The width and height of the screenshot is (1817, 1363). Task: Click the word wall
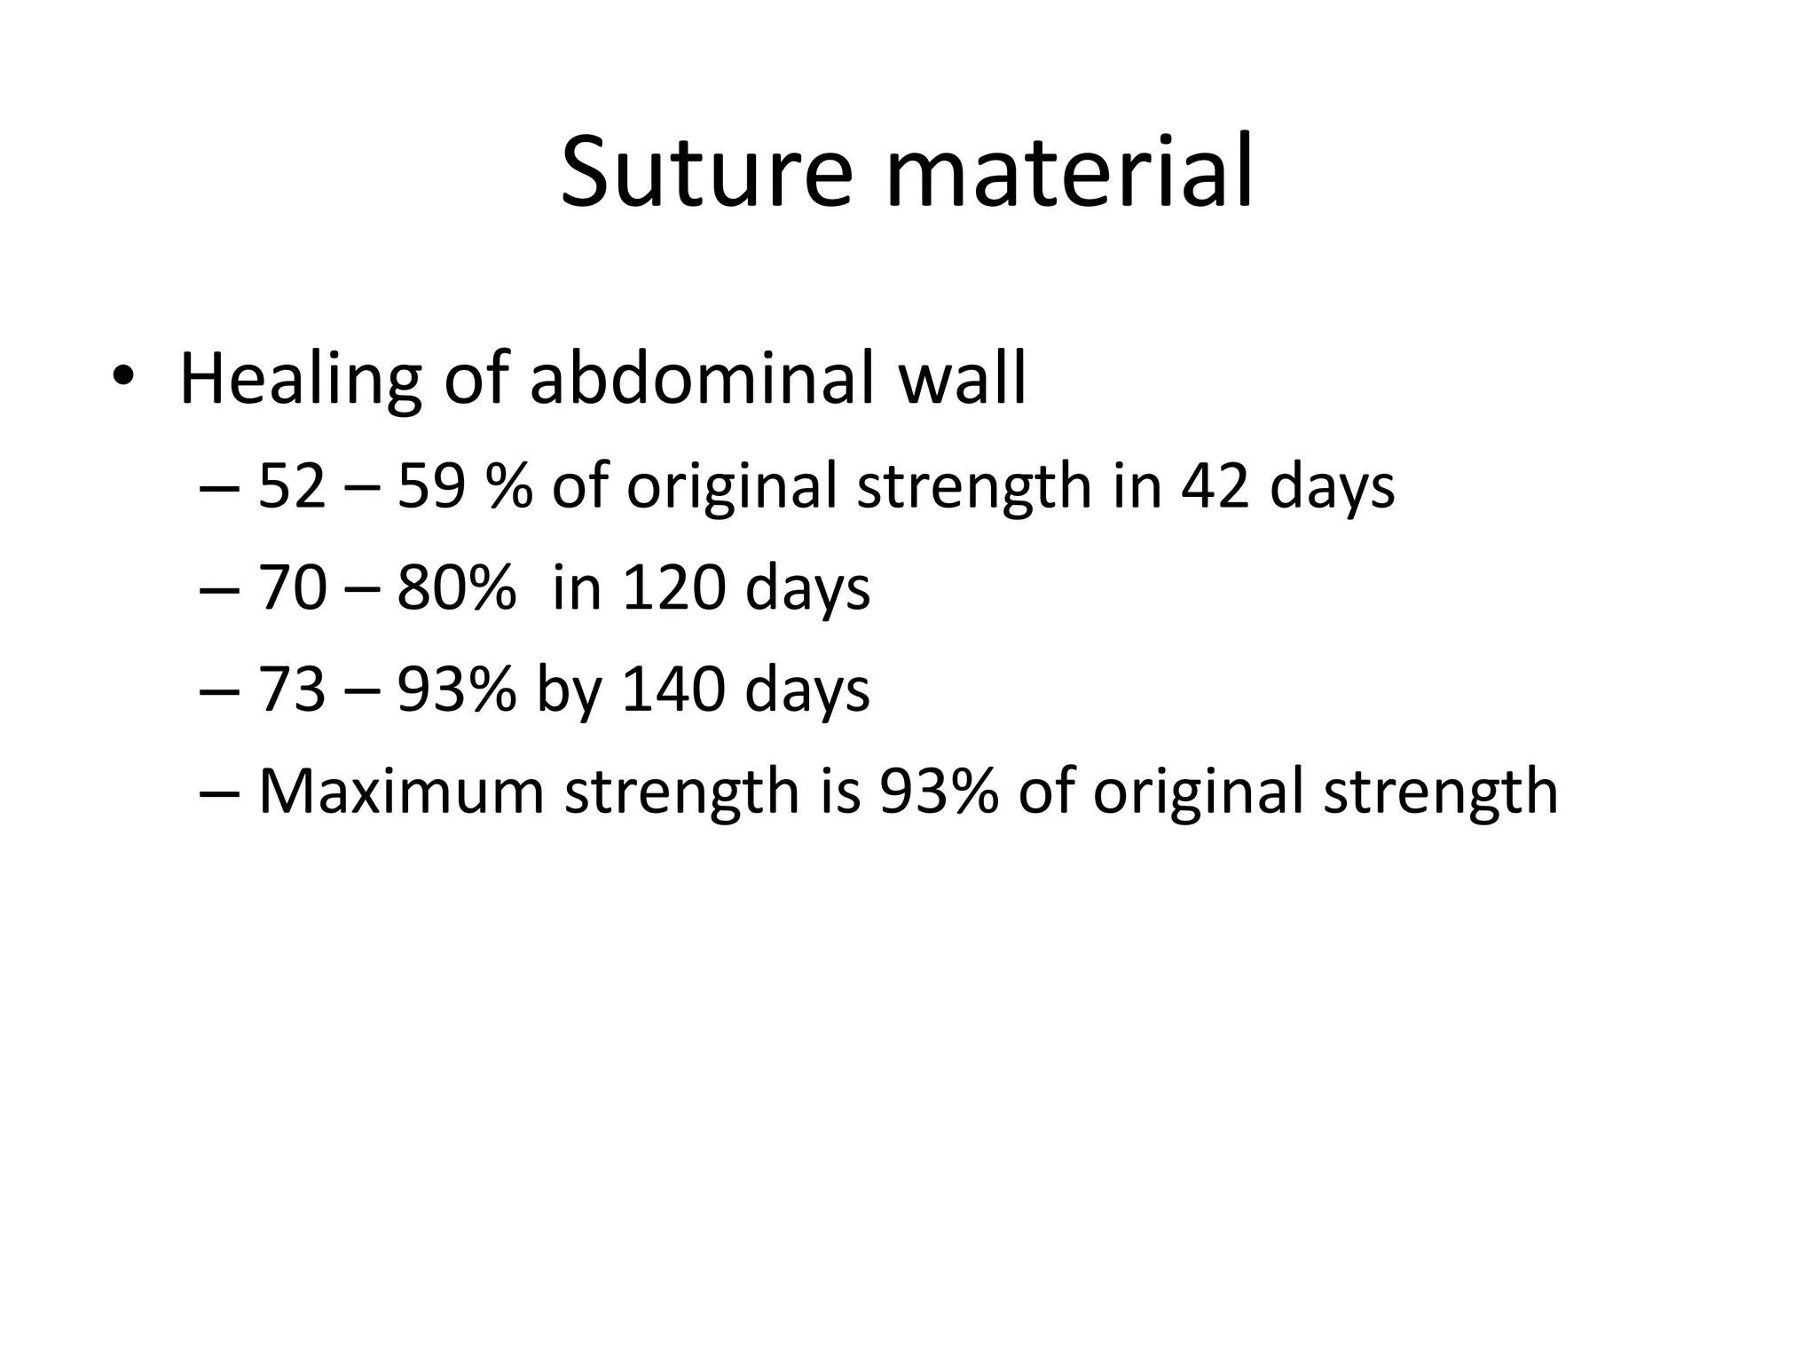962,378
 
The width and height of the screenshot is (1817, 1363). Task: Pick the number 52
292,486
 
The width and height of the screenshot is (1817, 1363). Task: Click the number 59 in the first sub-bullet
431,486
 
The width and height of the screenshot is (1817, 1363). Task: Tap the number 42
1215,486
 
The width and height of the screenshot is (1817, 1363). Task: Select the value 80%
456,588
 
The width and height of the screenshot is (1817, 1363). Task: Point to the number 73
292,689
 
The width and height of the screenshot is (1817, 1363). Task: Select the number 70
292,588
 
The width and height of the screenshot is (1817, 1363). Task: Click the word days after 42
1332,488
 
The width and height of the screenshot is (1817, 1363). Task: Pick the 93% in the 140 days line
456,689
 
